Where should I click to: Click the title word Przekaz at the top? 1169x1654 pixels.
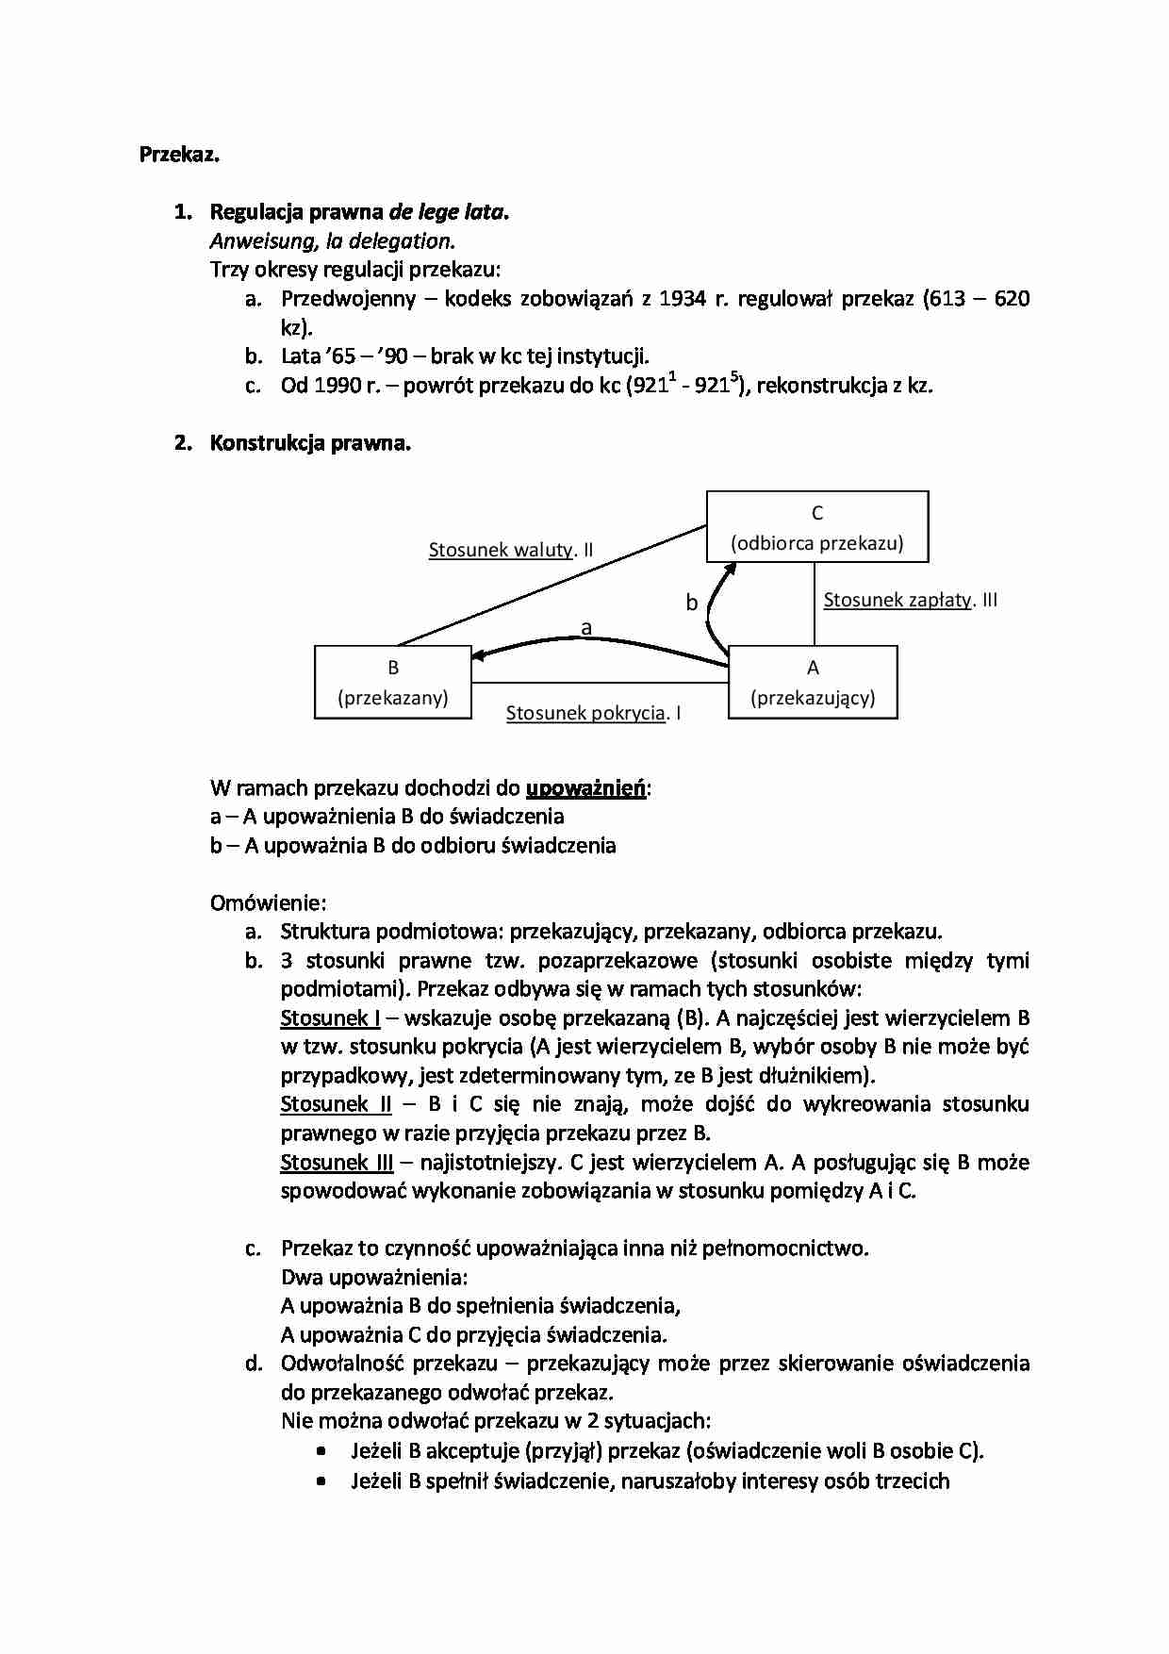coord(179,155)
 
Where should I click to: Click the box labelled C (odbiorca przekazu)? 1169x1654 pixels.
coord(817,527)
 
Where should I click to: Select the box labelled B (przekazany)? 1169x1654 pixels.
coord(392,683)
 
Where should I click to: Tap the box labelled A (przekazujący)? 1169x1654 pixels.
coord(813,683)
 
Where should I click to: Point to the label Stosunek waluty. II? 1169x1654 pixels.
coord(510,550)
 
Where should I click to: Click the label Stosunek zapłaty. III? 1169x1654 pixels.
coord(910,600)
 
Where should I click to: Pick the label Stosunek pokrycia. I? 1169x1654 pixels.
coord(593,713)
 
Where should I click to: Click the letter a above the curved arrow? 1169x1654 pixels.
coord(586,627)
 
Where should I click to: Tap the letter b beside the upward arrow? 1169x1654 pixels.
coord(691,603)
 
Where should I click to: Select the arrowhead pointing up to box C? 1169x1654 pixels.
coord(729,569)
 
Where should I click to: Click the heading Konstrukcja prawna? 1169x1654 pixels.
coord(310,442)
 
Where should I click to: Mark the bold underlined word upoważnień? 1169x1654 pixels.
coord(585,787)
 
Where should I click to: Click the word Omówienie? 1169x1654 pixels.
coord(268,902)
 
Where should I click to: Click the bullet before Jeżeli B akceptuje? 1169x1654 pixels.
coord(322,1451)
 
